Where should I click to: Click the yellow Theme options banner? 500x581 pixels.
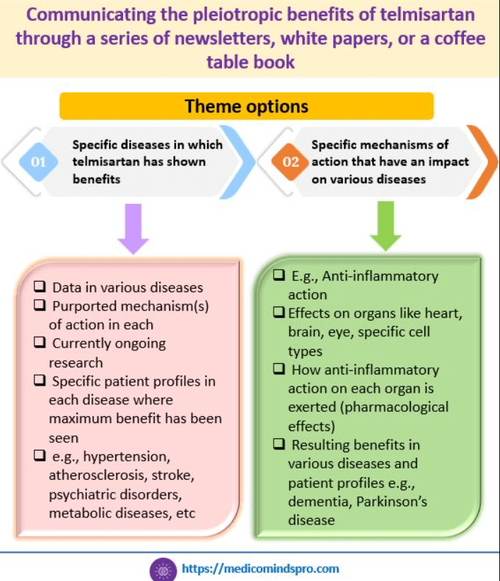(246, 107)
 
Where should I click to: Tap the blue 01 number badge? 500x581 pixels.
(37, 162)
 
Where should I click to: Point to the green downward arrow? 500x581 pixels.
(385, 225)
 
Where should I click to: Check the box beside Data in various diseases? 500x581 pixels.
(41, 287)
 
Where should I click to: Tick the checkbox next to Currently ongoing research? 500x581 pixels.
(41, 343)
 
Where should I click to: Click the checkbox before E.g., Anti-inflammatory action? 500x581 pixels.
(279, 276)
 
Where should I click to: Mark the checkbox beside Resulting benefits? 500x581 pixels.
(279, 444)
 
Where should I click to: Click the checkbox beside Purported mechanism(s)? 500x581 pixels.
(41, 306)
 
